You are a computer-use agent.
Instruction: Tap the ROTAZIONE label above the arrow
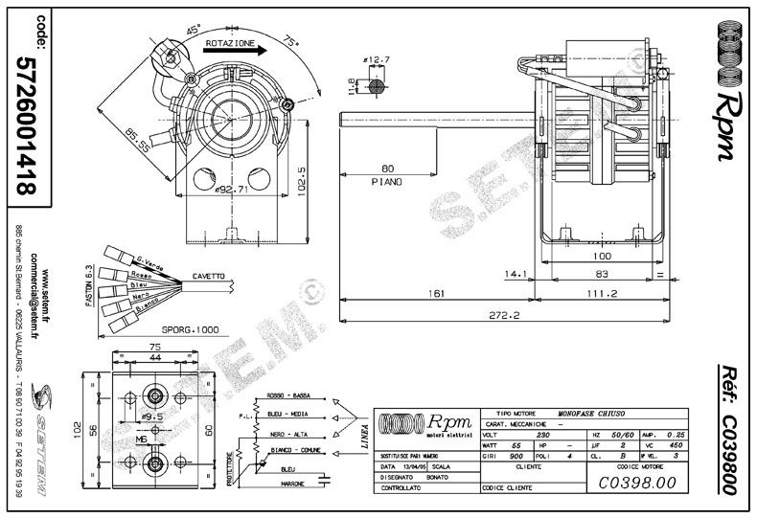click(x=229, y=44)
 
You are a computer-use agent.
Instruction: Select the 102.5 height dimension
click(x=301, y=177)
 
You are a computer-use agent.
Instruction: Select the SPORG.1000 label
click(x=189, y=328)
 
